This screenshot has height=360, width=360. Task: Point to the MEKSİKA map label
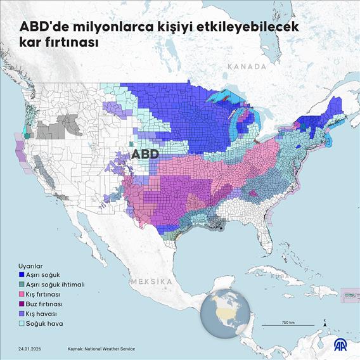(152, 281)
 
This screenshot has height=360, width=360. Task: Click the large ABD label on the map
(145, 154)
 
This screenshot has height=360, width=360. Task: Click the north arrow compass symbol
(324, 323)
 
